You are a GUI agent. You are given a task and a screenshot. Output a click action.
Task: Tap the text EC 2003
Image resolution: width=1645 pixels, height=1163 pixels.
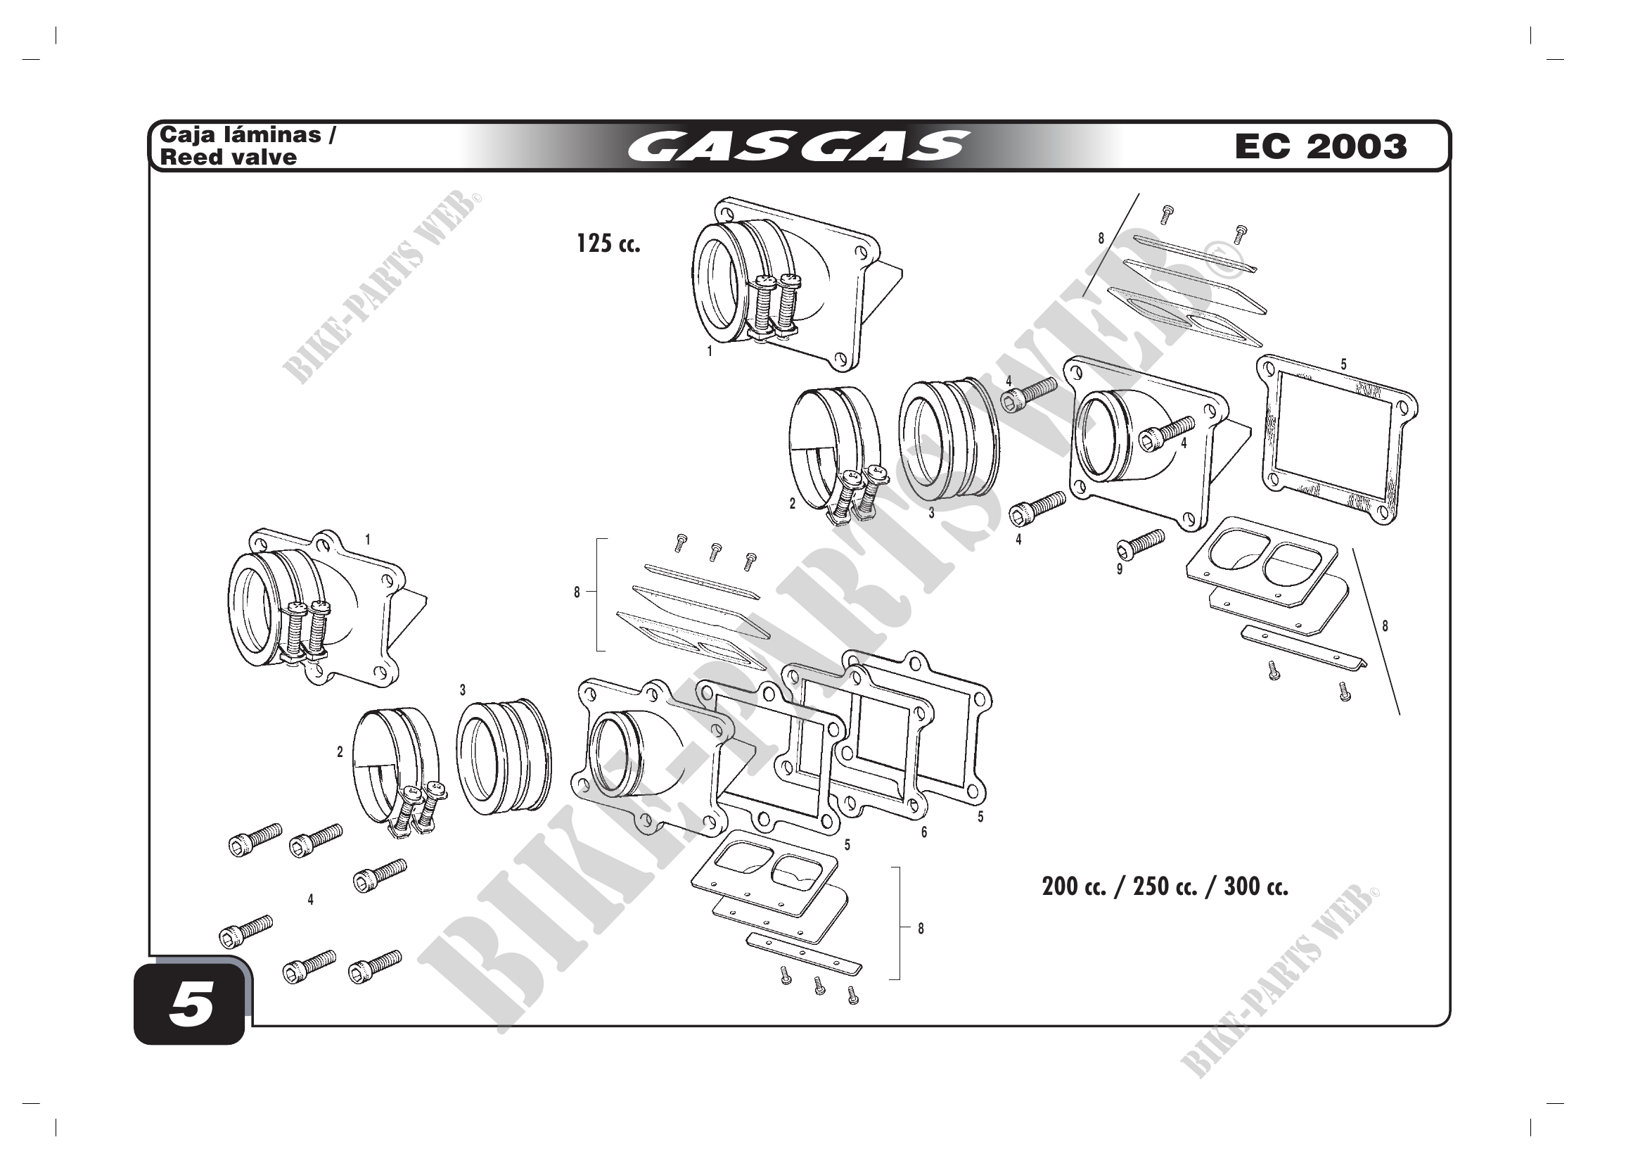tap(1321, 146)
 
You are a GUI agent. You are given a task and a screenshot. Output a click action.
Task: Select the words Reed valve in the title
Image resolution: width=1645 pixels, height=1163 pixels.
tap(229, 157)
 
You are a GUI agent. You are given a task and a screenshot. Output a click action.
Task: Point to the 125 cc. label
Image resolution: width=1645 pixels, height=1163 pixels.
tap(608, 243)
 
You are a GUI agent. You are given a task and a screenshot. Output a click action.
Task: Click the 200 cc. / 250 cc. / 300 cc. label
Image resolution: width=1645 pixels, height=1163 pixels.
tap(1165, 886)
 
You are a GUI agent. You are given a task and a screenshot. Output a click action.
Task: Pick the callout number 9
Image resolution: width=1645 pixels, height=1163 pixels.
tap(1120, 570)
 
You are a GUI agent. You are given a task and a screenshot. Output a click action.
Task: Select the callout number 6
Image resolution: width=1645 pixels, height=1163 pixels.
tap(924, 832)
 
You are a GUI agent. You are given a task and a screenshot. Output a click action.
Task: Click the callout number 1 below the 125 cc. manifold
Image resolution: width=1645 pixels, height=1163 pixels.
tap(710, 351)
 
